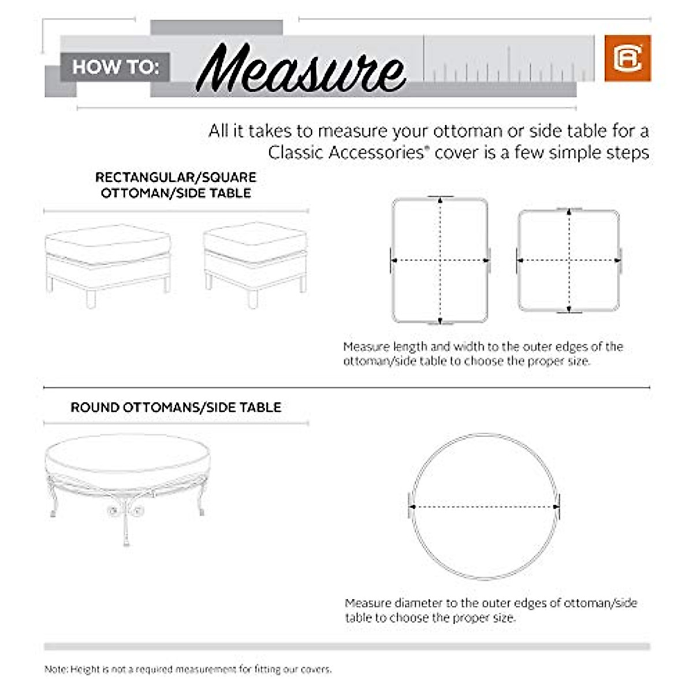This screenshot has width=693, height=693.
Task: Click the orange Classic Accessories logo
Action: tap(628, 58)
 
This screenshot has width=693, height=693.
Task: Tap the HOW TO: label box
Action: tap(115, 67)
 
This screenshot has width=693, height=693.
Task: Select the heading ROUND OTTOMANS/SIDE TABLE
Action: tap(176, 407)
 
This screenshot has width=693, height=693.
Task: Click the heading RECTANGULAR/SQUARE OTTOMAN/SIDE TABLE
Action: tap(176, 185)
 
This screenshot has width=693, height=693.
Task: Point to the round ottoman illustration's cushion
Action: tap(127, 456)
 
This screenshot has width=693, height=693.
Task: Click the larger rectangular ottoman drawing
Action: tap(108, 263)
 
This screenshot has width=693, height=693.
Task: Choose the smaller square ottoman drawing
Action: tap(255, 260)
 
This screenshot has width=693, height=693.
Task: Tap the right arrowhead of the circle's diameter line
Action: tap(556, 507)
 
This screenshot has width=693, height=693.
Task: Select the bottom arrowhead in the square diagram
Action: tap(569, 308)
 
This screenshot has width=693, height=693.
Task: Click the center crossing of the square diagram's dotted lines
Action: tap(569, 260)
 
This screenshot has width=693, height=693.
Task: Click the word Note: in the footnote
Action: tap(56, 669)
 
